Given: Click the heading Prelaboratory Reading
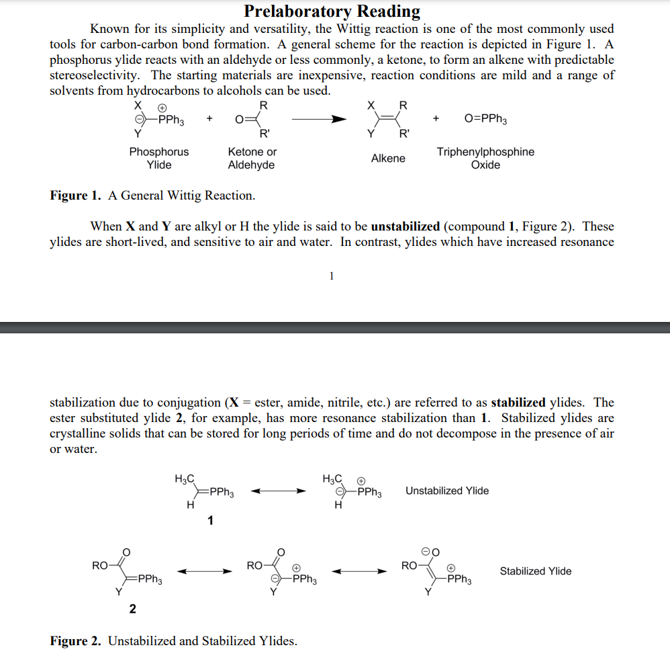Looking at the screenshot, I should point(332,11).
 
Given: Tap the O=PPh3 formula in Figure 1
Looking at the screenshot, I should point(485,119).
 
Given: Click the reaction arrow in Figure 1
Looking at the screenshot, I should point(320,119).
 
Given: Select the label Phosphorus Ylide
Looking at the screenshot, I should point(159,158).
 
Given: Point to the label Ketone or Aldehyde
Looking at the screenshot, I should point(252,158).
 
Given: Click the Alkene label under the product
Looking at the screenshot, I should point(388,158).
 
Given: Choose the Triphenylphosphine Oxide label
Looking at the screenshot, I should point(485,158).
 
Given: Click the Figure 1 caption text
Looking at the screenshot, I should point(152,196).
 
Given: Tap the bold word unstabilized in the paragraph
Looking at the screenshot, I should point(405,226).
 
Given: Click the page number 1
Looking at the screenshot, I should point(332,275).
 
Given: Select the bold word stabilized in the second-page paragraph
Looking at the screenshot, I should point(518,403).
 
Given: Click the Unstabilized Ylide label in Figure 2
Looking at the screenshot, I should point(447,491).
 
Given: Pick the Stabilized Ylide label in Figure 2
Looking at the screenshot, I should point(536,571).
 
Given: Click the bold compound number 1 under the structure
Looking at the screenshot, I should point(210,520).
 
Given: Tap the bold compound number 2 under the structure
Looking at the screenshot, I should point(132,609).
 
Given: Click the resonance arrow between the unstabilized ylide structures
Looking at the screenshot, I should point(278,491).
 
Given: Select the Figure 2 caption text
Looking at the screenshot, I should point(173,641).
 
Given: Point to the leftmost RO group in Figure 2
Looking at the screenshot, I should point(99,565).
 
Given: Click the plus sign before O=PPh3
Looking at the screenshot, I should point(436,119).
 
